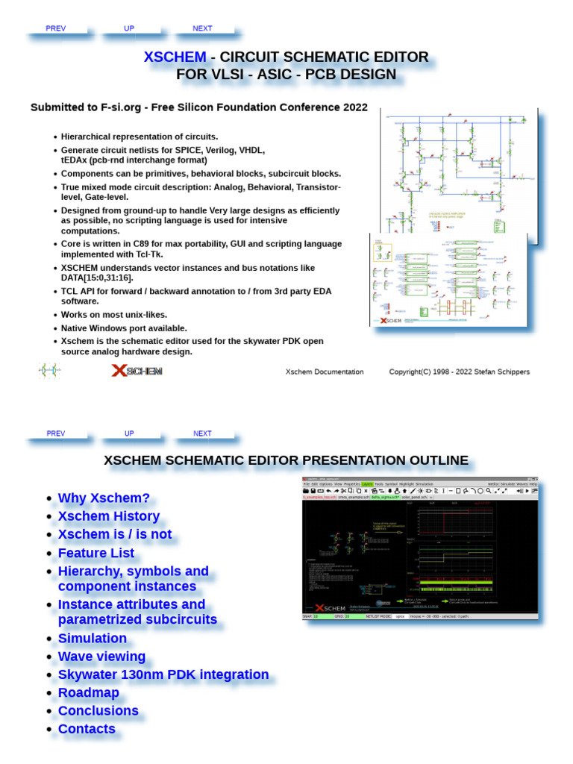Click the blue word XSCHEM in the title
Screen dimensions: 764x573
(175, 57)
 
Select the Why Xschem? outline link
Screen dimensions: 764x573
(104, 498)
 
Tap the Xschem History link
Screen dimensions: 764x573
(108, 516)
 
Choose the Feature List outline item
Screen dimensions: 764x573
(96, 553)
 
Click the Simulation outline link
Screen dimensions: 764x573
(93, 638)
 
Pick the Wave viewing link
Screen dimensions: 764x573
(101, 657)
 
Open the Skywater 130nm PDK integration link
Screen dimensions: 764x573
(163, 674)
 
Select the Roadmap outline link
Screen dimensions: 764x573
(89, 692)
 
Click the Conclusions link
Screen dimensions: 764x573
(98, 711)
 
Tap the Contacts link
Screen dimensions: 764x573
(87, 729)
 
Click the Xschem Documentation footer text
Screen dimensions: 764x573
(325, 372)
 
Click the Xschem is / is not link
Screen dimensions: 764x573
(115, 534)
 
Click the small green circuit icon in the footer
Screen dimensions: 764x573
(49, 371)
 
